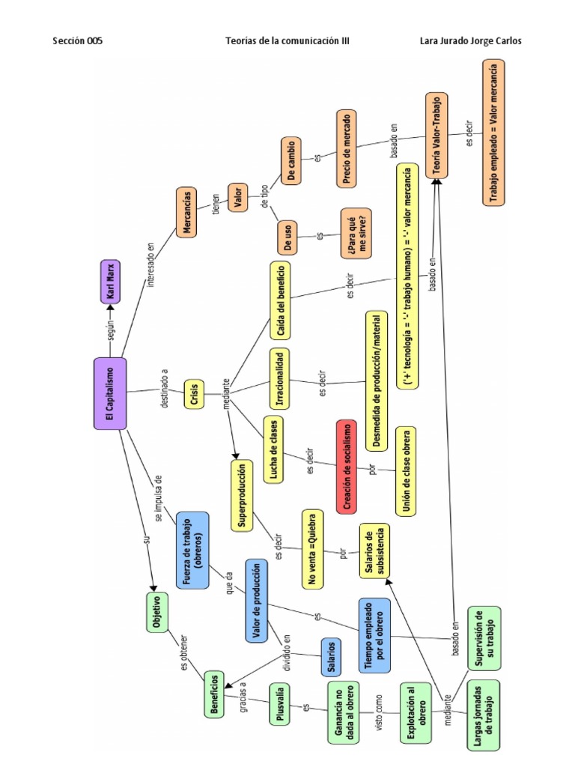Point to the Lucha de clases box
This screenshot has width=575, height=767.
pyautogui.click(x=275, y=449)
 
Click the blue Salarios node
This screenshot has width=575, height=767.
pyautogui.click(x=330, y=657)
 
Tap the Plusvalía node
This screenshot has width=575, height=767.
pyautogui.click(x=279, y=703)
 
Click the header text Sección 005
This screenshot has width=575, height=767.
pyautogui.click(x=77, y=41)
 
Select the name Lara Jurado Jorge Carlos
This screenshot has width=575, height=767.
pyautogui.click(x=471, y=41)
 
